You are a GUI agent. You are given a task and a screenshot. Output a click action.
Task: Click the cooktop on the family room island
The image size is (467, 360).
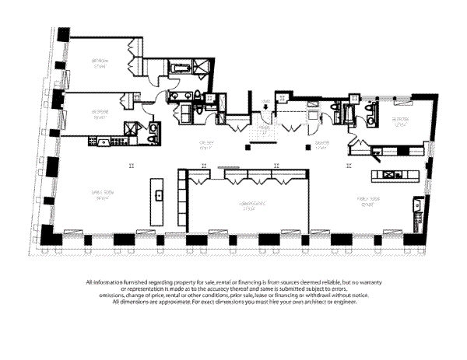[x=389, y=174]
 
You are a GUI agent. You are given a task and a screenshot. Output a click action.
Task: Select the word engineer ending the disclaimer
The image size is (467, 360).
[x=347, y=302]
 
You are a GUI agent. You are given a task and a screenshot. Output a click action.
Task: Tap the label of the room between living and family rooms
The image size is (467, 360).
[x=249, y=205]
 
